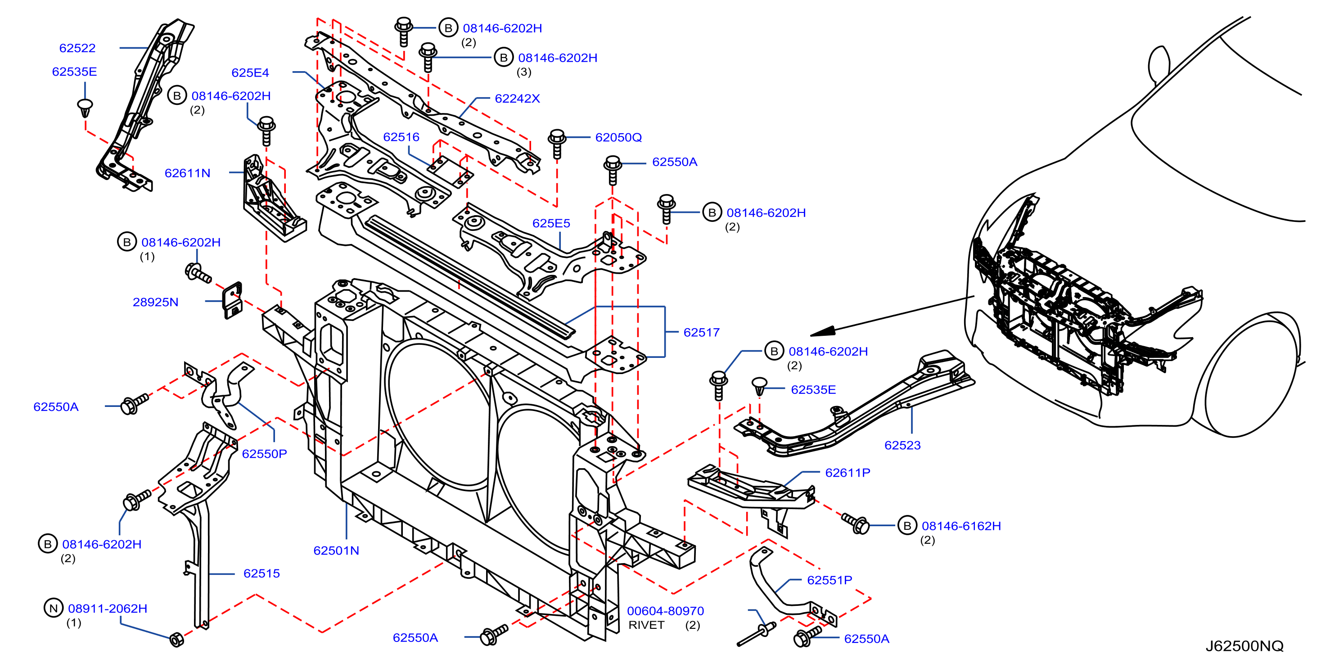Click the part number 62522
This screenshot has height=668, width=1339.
pos(77,48)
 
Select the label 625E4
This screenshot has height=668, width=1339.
pos(250,73)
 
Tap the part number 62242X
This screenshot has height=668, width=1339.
pos(517,98)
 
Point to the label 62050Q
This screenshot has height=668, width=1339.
pos(618,137)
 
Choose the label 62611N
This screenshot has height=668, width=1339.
pos(187,173)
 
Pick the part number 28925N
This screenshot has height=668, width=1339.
pos(155,302)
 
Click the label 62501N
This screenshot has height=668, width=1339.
pos(336,551)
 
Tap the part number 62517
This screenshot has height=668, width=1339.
pos(701,332)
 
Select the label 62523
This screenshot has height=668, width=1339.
pos(902,445)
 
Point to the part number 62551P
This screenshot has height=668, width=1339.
pos(830,580)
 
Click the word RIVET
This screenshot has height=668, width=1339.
pos(646,625)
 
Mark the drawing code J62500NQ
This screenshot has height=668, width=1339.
pos(1244,645)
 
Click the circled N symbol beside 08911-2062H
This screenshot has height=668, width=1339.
pos(53,608)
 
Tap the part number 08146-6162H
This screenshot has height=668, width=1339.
pos(961,526)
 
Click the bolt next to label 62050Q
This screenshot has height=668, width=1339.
pos(557,144)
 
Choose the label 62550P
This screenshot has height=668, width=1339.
pos(264,454)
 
